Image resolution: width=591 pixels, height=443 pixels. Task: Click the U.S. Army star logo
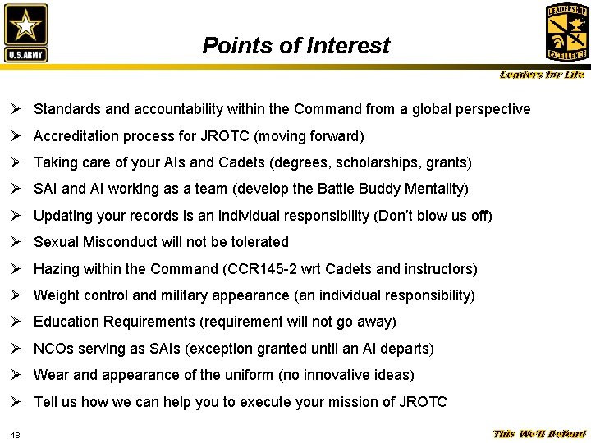pos(26,33)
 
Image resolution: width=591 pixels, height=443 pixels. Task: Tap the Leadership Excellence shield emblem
pos(566,32)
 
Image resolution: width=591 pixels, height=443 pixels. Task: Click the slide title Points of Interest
pos(296,46)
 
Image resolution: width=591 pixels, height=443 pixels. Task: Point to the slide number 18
pos(16,434)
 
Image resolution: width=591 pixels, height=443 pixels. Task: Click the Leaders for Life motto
pos(543,75)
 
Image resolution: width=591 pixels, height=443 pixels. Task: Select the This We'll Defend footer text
pos(539,434)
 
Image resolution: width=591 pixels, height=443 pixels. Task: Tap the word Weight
pos(56,295)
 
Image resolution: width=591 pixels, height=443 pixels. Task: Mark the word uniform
pos(281,375)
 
